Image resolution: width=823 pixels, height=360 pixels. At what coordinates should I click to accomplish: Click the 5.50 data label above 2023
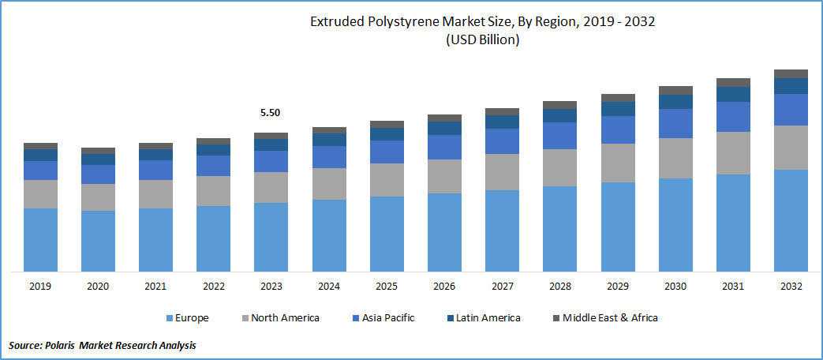270,113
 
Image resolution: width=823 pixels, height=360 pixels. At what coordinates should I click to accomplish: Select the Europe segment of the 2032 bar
791,220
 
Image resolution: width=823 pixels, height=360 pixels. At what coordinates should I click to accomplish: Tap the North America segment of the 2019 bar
40,194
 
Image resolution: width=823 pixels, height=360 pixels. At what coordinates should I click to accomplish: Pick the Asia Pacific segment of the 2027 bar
503,141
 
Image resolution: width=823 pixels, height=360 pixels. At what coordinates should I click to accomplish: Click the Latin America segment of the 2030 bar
675,102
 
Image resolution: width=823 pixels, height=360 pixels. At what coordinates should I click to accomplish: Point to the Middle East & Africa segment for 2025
387,124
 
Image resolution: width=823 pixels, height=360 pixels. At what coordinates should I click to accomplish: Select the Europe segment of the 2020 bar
98,241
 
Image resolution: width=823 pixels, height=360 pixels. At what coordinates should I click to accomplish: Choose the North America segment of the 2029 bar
618,163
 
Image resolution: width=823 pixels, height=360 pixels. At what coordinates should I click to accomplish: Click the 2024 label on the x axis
329,287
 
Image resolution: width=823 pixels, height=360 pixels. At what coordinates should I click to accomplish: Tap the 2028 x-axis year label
559,287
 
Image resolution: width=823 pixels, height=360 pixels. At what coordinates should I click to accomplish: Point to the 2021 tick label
155,287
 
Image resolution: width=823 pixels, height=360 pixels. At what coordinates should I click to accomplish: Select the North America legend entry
280,318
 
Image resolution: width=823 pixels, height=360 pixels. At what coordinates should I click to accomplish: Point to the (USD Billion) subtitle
482,40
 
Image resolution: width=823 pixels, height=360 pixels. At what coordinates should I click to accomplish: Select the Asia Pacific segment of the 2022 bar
213,166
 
